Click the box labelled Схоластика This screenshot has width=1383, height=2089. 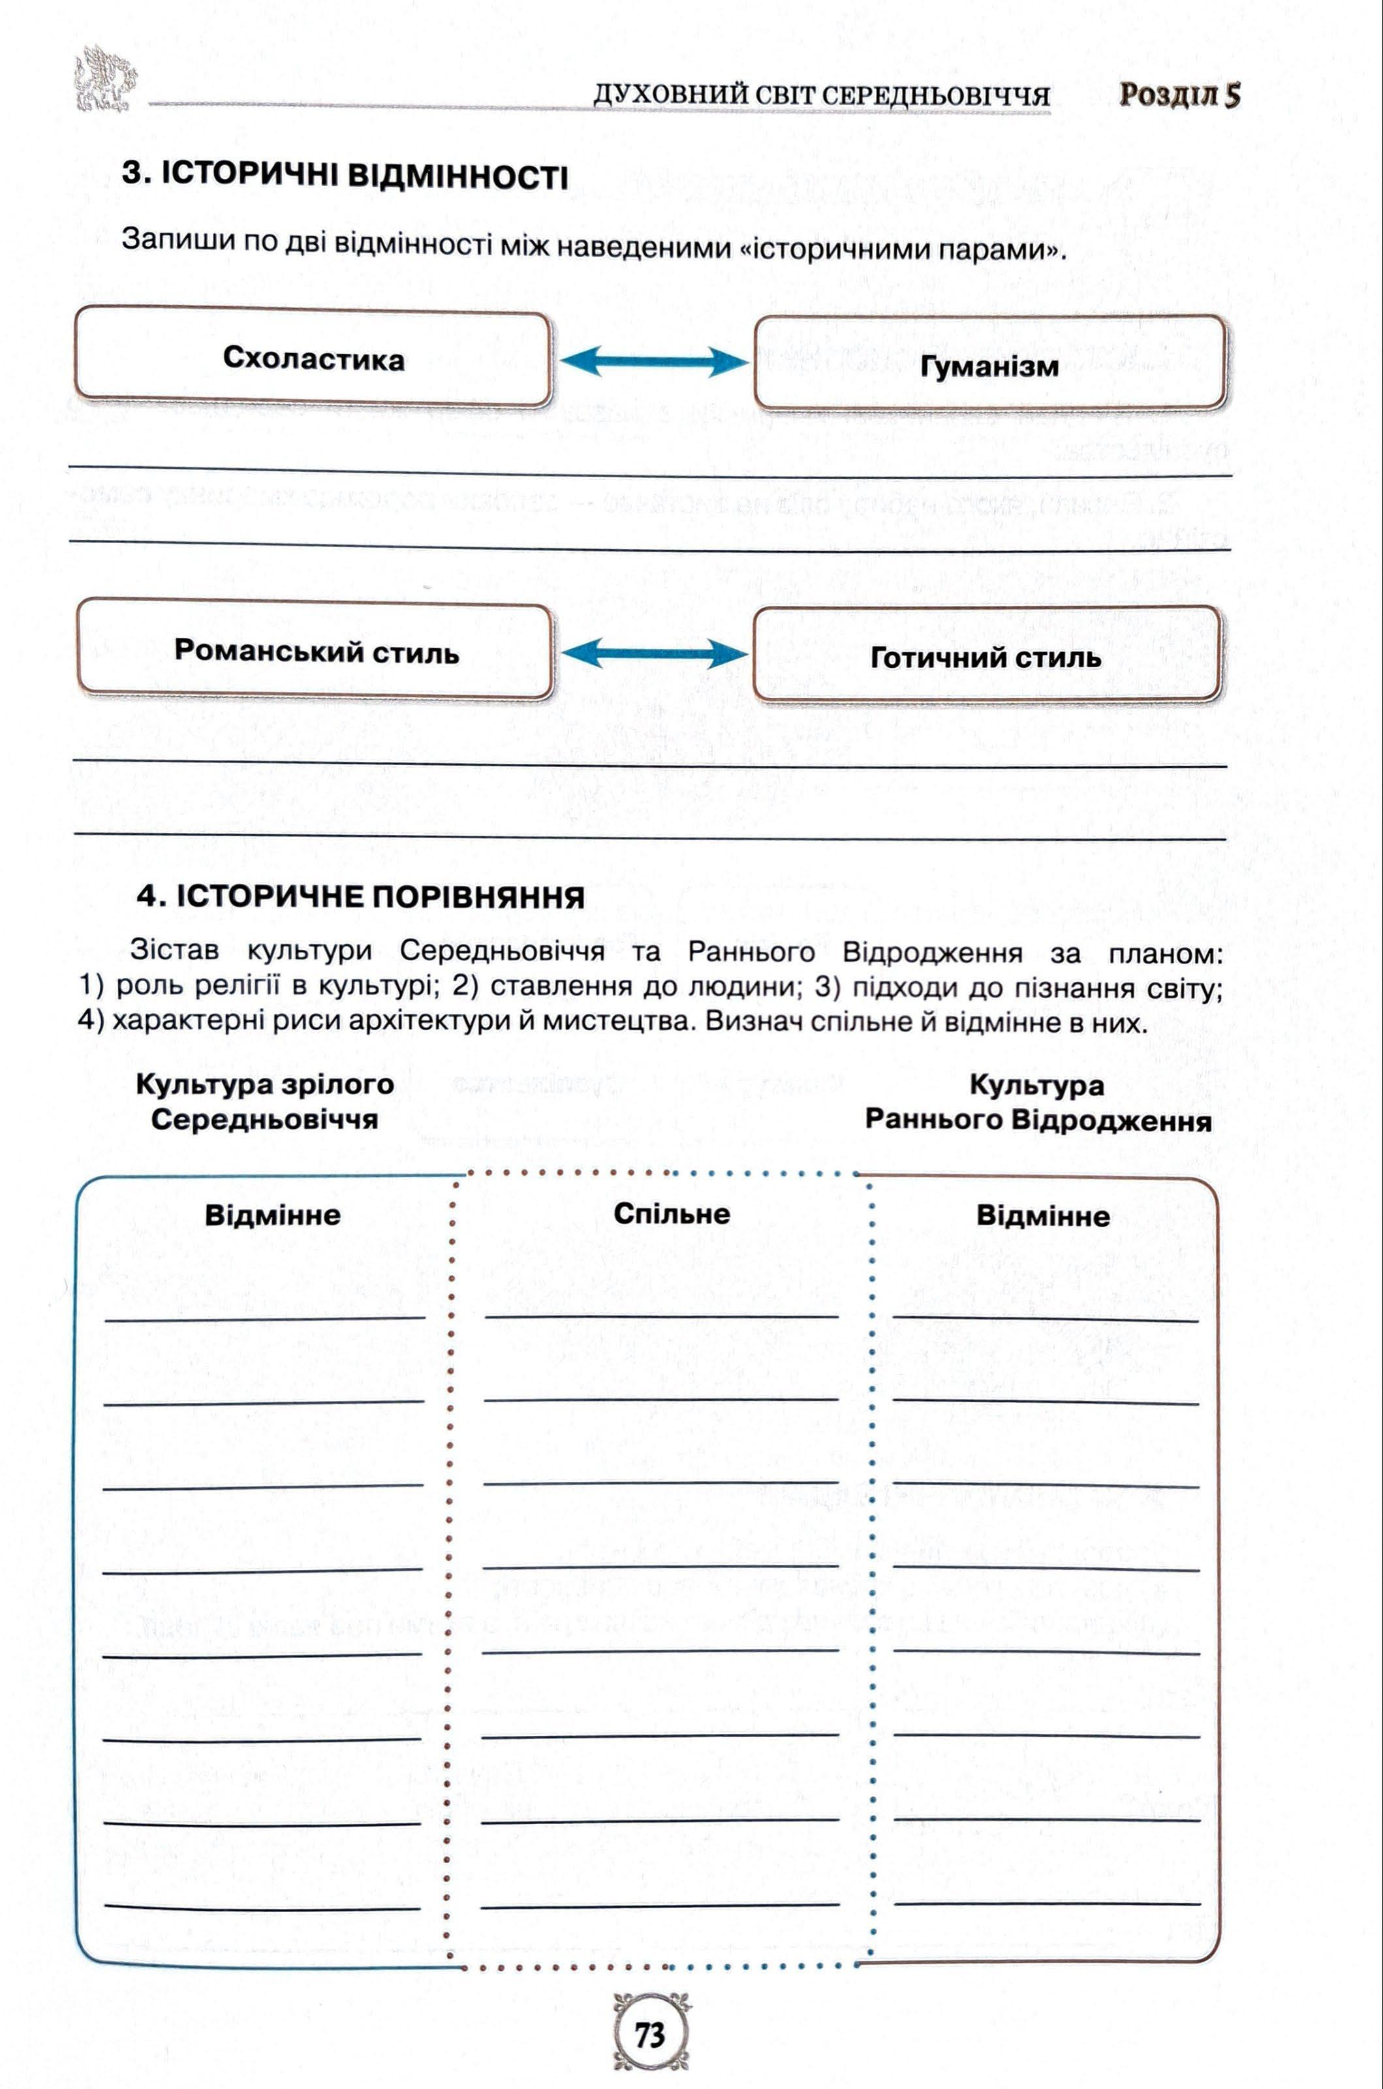pos(313,358)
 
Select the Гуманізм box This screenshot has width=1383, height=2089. pos(989,365)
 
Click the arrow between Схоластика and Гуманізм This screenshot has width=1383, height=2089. pos(653,360)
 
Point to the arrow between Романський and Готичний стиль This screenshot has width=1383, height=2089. pos(653,653)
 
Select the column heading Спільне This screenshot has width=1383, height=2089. pos(671,1214)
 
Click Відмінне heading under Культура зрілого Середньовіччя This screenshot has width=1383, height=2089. pos(273,1215)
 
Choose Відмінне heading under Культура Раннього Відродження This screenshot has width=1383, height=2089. pos(1042,1216)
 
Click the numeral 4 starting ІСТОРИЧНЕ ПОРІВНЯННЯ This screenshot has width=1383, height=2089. pos(146,896)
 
